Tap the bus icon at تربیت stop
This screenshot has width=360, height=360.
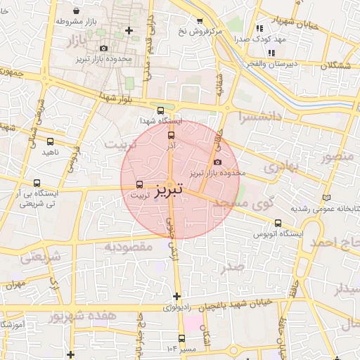coord(139,184)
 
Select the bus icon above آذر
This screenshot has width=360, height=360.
coord(171,134)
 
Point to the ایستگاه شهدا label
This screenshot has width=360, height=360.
coord(160,121)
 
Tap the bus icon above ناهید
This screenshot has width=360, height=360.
coord(49,141)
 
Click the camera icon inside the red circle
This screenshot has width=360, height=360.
coord(217,162)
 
